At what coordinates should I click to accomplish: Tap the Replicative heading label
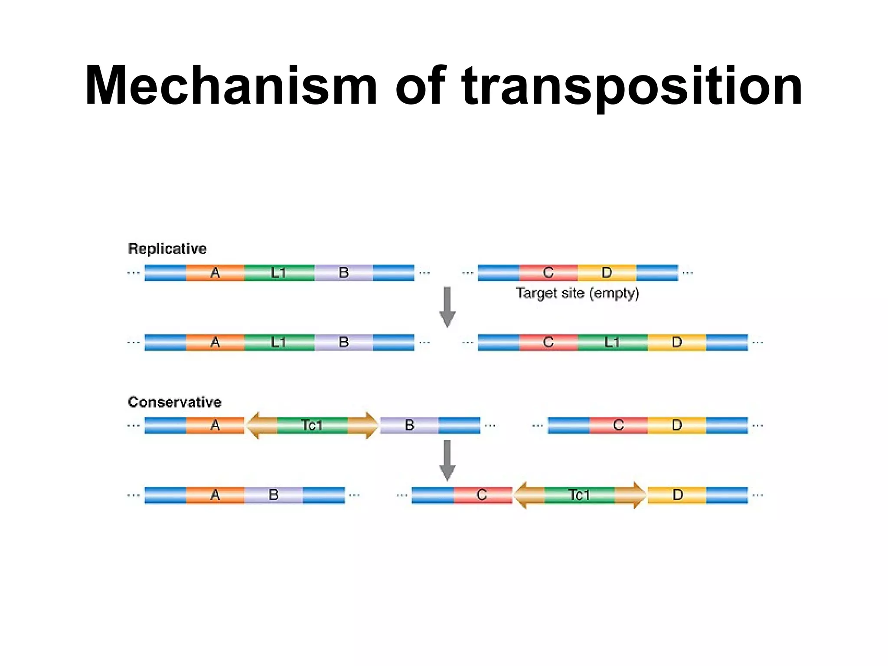pos(167,248)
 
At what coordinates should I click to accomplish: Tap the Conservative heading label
pos(174,402)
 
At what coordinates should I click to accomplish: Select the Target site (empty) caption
pos(577,294)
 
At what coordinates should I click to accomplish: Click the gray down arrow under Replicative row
pos(447,307)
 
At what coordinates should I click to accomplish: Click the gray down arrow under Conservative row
pos(447,460)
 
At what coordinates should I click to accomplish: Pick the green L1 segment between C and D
pos(612,343)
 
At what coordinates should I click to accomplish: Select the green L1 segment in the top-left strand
pos(279,273)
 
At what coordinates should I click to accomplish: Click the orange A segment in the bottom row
pos(215,495)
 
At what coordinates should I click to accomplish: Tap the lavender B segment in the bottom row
pos(274,495)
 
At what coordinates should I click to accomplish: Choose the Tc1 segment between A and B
pos(312,425)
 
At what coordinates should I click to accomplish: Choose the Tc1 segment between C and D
pos(579,495)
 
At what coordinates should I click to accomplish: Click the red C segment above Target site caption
pos(548,273)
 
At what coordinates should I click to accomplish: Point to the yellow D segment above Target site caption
pos(607,273)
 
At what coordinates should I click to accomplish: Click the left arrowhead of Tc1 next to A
pos(256,425)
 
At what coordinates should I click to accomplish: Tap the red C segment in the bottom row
pos(482,495)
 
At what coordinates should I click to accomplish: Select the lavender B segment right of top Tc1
pos(409,425)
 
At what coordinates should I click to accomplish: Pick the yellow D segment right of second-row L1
pos(676,343)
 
